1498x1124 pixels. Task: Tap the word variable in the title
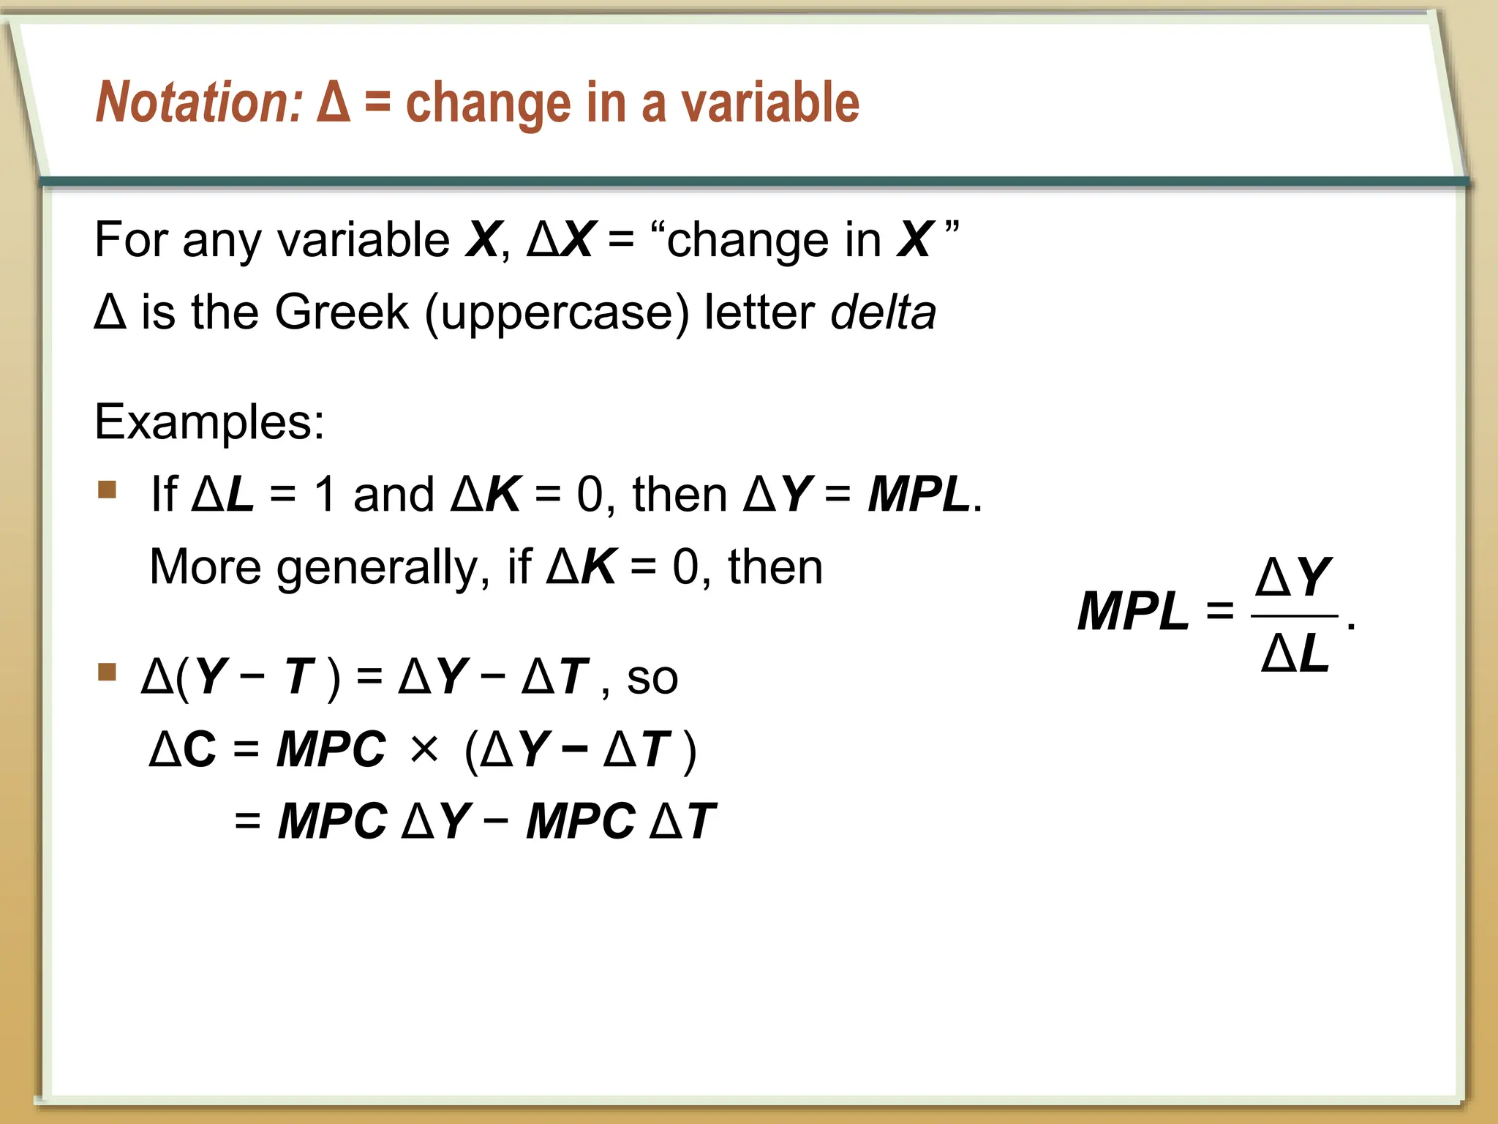(x=770, y=102)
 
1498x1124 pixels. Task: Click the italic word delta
(x=883, y=312)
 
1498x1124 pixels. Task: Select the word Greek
(x=341, y=312)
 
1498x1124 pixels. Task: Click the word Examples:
(x=209, y=422)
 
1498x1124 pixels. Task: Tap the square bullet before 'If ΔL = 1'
(x=108, y=489)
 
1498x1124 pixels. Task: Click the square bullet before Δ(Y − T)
(x=108, y=672)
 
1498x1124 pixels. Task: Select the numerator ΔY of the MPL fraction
(x=1293, y=578)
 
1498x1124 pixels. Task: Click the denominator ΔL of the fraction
(x=1295, y=653)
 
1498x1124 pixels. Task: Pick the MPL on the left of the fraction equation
(x=1133, y=612)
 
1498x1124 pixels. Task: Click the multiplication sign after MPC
(x=424, y=749)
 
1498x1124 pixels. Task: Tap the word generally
(x=377, y=569)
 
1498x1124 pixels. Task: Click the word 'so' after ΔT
(x=652, y=678)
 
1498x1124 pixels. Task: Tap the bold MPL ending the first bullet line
(x=919, y=495)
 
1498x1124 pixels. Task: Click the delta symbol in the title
(x=334, y=102)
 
